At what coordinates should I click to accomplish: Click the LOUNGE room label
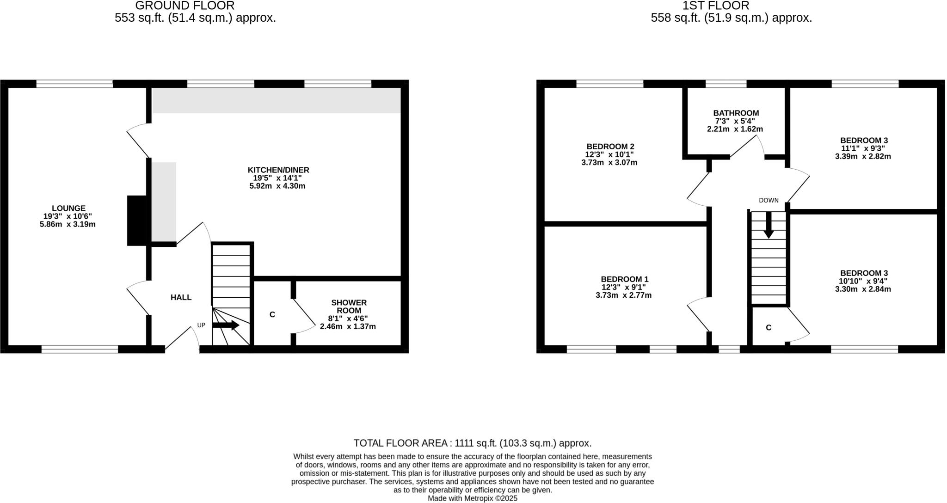click(68, 209)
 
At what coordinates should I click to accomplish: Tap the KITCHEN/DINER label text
click(278, 170)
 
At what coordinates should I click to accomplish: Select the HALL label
click(181, 297)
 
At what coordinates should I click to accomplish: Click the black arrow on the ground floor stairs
click(226, 325)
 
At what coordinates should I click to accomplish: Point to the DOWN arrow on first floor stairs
click(768, 225)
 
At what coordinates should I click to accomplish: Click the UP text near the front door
click(201, 325)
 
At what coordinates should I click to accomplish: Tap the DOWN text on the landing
click(769, 200)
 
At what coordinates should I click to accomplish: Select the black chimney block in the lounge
click(136, 221)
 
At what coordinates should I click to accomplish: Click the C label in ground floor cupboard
click(272, 314)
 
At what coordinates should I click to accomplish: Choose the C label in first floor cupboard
click(769, 328)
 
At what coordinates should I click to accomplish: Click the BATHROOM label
click(736, 113)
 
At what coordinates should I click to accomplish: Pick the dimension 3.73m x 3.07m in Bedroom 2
click(609, 163)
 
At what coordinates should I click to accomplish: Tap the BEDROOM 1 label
click(624, 279)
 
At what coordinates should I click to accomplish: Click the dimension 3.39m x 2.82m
click(863, 156)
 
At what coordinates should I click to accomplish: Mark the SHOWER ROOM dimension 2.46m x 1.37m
click(348, 326)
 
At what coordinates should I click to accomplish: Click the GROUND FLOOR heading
click(184, 6)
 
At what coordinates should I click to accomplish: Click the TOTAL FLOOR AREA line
click(472, 443)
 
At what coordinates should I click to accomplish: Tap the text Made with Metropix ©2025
click(472, 498)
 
